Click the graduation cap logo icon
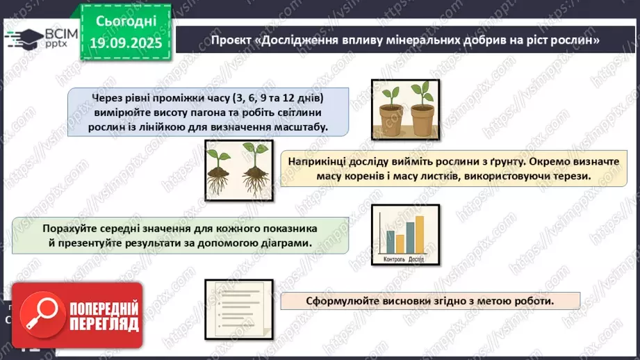point(22,37)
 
